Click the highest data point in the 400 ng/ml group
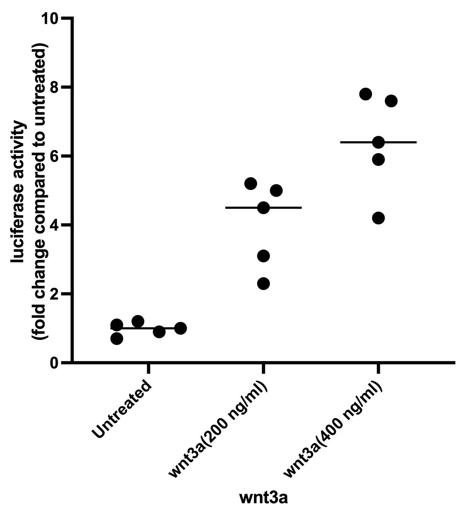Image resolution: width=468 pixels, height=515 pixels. [365, 94]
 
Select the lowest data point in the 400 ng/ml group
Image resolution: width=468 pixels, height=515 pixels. [378, 218]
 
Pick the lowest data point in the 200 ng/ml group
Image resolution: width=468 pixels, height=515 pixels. [263, 284]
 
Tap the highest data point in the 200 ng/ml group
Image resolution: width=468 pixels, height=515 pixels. [250, 183]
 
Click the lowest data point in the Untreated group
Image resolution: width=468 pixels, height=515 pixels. [117, 339]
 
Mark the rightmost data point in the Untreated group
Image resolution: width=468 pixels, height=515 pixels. [181, 328]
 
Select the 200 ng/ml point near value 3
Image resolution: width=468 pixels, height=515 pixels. [263, 256]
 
